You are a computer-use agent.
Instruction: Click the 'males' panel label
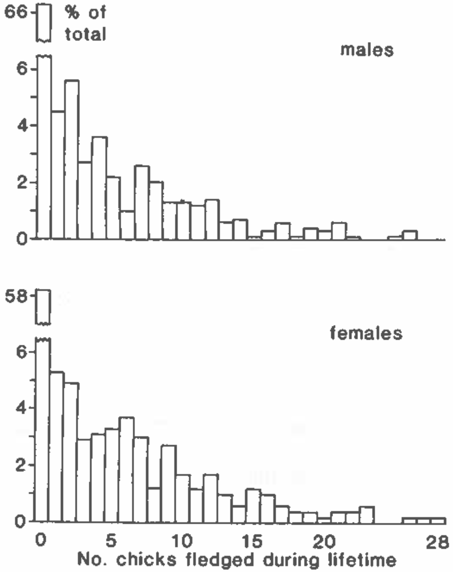[367, 50]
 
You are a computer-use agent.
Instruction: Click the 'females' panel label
[366, 333]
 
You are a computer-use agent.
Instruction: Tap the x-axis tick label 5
[111, 541]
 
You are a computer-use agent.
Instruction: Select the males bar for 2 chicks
[72, 159]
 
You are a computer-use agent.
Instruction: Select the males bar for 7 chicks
[142, 203]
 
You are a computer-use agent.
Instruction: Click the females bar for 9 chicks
[169, 484]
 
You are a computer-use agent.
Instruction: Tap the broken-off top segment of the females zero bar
[43, 307]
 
